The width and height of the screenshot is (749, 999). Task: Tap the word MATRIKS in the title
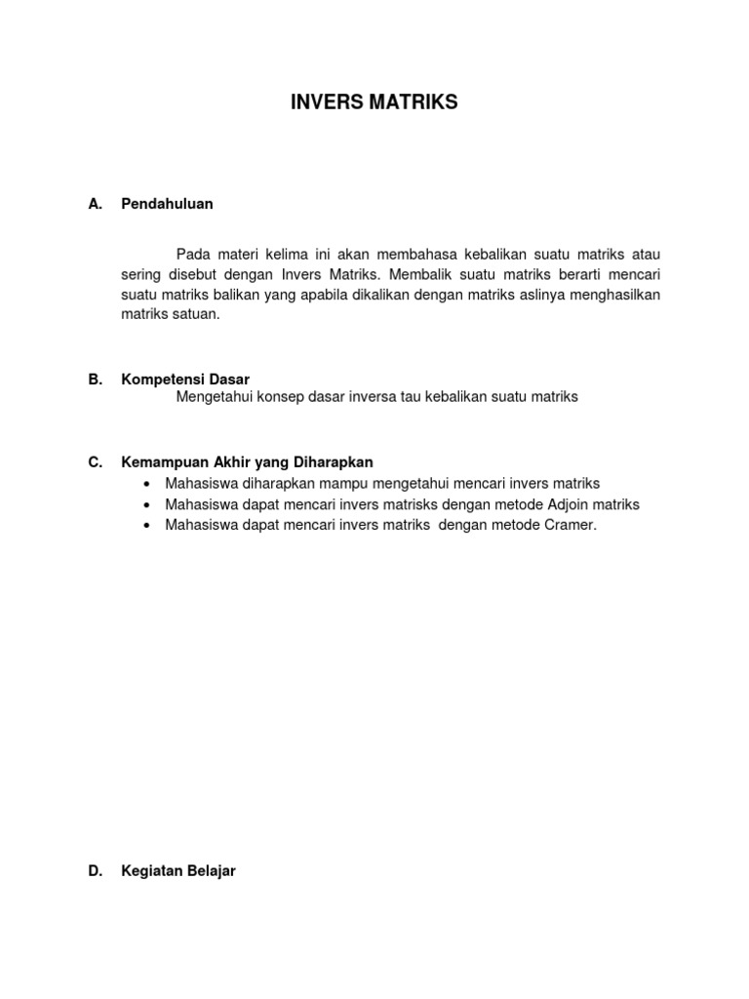click(x=411, y=102)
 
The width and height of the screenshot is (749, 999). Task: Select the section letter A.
click(x=95, y=204)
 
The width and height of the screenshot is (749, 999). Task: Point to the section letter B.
click(x=95, y=380)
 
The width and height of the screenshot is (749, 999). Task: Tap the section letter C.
click(x=95, y=462)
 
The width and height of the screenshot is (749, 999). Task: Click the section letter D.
click(x=95, y=871)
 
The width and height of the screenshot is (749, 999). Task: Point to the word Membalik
click(x=426, y=275)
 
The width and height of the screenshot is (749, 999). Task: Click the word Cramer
click(x=566, y=525)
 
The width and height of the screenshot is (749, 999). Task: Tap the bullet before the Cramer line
click(x=146, y=526)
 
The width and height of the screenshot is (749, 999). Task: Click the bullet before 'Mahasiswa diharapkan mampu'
click(x=146, y=484)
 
